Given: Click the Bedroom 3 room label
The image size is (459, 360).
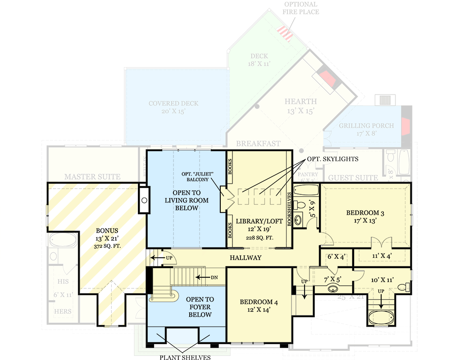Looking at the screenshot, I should [x=365, y=216].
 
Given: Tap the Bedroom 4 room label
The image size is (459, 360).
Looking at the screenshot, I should [x=259, y=306].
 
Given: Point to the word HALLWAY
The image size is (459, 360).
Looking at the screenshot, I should [x=245, y=257].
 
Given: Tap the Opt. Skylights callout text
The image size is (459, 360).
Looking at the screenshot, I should [x=333, y=159].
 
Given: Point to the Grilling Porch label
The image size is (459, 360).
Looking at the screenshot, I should [x=366, y=129].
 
